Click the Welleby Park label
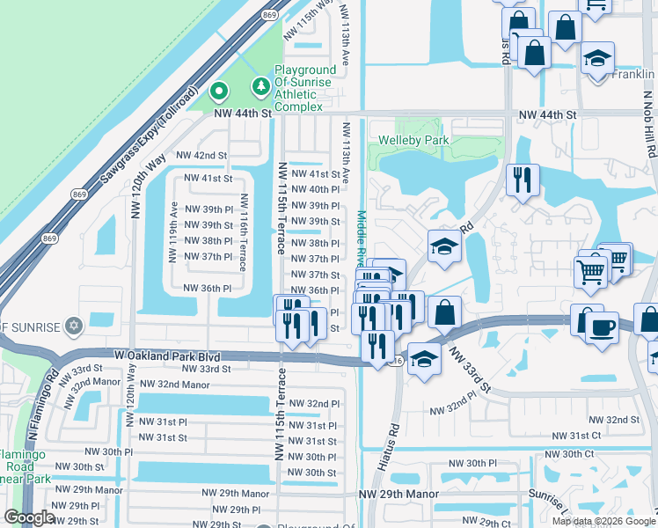(413, 140)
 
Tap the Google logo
(28, 517)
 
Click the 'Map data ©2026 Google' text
(603, 520)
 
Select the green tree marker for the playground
(260, 86)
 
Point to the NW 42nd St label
(201, 155)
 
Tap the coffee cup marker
(603, 326)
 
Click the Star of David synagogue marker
(73, 326)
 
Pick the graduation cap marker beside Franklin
(598, 60)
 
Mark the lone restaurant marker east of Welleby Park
(523, 180)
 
